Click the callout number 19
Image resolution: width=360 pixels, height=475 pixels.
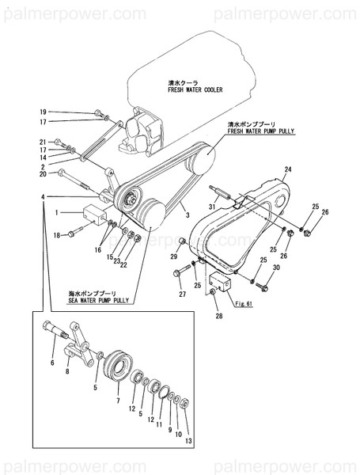tap(44, 112)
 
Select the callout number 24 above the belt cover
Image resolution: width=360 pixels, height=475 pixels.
tap(288, 169)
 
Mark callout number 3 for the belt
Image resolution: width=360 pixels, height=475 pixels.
tap(187, 215)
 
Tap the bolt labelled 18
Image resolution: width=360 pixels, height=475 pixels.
tap(73, 234)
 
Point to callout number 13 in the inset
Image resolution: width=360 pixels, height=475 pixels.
tap(188, 439)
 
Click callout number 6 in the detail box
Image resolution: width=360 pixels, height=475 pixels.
tap(53, 363)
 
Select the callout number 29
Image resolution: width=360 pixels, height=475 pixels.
tap(175, 255)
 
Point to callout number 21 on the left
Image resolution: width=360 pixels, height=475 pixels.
tap(44, 141)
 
